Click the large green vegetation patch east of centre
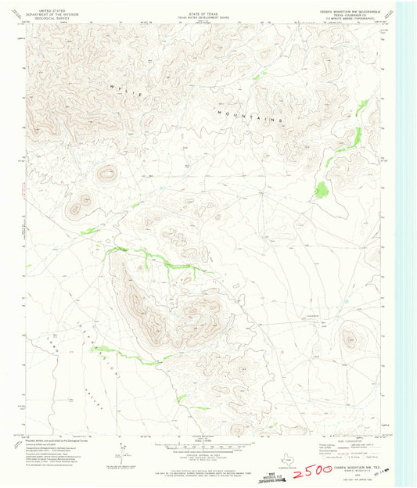(321, 188)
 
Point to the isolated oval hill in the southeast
(350, 338)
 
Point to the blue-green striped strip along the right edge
(406, 235)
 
